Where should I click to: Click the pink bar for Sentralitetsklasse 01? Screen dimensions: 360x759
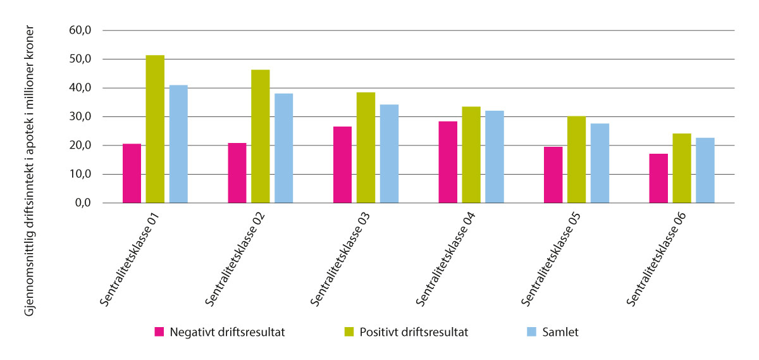pyautogui.click(x=132, y=173)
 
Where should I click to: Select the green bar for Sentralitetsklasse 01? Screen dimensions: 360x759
pyautogui.click(x=155, y=129)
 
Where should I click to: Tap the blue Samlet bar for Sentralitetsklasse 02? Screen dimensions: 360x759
pyautogui.click(x=284, y=148)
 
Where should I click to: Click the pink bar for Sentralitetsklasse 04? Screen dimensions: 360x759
pyautogui.click(x=448, y=162)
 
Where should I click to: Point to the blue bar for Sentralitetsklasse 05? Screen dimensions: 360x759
pyautogui.click(x=600, y=163)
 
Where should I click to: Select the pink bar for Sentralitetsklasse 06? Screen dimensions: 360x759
pyautogui.click(x=658, y=178)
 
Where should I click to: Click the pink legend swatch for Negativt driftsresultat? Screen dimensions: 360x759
pyautogui.click(x=159, y=332)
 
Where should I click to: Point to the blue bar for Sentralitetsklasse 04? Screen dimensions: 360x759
pyautogui.click(x=495, y=157)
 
